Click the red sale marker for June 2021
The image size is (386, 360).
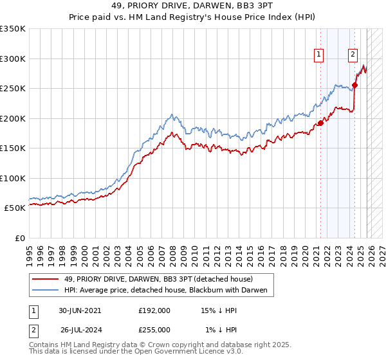(x=320, y=123)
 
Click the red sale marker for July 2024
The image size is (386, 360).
(x=354, y=85)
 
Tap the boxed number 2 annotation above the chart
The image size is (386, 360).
(x=353, y=55)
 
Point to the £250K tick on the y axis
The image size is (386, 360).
(x=13, y=89)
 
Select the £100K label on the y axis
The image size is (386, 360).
(x=13, y=178)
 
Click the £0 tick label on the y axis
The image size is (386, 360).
(x=19, y=238)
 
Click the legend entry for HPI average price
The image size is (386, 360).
(x=169, y=291)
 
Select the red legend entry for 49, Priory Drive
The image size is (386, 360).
(x=158, y=279)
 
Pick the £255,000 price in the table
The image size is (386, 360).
(x=154, y=329)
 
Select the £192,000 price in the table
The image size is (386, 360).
(x=154, y=310)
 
